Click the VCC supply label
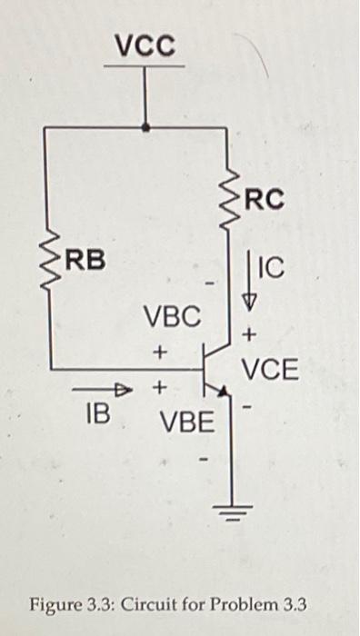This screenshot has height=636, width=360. (145, 45)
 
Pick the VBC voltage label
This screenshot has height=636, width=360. (171, 317)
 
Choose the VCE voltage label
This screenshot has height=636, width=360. (269, 370)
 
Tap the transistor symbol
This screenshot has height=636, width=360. (216, 371)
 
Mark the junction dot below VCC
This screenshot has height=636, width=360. (145, 128)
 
